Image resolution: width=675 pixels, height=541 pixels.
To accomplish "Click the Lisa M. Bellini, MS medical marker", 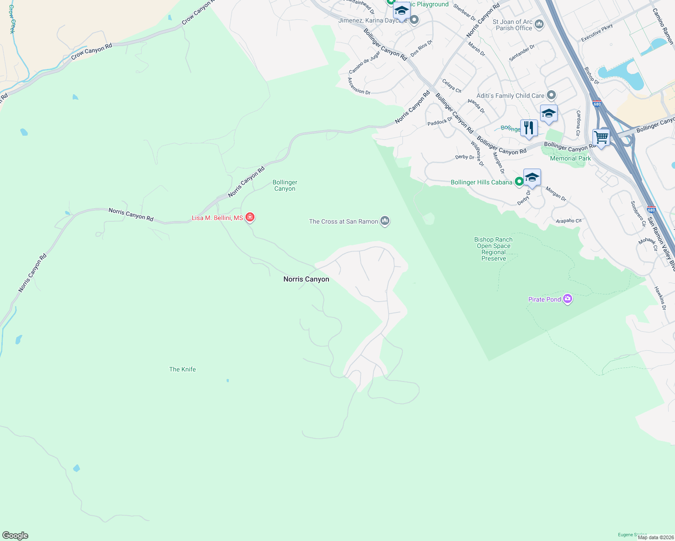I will point(250,217).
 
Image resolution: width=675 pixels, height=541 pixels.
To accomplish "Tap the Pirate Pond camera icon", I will point(568,299).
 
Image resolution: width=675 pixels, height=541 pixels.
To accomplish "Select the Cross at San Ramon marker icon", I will point(385,221).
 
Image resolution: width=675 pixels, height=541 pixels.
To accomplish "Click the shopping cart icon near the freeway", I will point(601,137).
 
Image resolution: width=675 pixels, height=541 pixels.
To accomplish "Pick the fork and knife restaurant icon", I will point(529,128).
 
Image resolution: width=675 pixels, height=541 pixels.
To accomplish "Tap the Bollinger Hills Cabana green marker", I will point(519,182).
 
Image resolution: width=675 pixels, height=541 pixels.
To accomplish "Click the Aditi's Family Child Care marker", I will point(551,95).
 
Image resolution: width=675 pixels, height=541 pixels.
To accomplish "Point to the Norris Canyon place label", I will point(306,280).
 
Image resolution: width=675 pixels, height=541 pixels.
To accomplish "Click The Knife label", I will point(182,369).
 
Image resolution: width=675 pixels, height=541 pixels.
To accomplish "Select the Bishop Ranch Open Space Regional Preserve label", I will point(494,249).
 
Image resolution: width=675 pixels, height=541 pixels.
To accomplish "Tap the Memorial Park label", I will point(570,158).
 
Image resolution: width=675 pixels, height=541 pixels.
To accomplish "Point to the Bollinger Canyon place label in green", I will point(285,185).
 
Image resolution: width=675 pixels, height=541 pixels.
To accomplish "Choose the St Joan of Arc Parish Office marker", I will point(539,24).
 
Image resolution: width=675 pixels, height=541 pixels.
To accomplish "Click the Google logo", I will point(15,535).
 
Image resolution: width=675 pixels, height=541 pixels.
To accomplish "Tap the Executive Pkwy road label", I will point(597,33).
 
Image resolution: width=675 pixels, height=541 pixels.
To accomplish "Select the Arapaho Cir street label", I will point(569,221).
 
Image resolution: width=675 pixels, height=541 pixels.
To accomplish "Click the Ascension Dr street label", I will point(359,86).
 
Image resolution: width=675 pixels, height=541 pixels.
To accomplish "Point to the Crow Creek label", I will point(12,19).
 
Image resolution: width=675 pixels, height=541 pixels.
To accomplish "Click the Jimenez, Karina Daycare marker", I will point(414,20).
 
